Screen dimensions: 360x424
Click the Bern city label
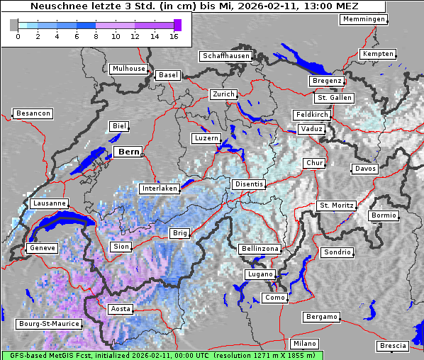tap(128, 152)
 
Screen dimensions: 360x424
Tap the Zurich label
tap(223, 94)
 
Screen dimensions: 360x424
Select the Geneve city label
tap(41, 248)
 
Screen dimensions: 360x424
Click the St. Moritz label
tap(336, 206)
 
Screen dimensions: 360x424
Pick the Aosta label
tap(121, 309)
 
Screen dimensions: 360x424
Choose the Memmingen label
tap(364, 19)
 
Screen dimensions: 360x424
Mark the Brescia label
tap(393, 345)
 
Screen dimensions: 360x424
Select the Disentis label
tap(249, 184)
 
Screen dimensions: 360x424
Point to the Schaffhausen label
tap(226, 55)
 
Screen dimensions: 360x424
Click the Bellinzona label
tap(260, 249)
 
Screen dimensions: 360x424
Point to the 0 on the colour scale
tap(18, 36)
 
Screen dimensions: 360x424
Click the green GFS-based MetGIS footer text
tap(162, 355)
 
